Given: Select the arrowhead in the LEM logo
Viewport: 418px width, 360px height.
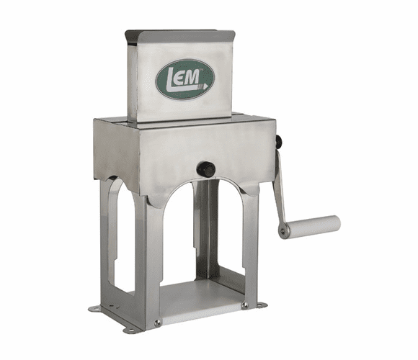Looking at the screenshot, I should (x=206, y=84).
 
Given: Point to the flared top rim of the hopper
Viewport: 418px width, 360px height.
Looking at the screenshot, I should (x=179, y=34).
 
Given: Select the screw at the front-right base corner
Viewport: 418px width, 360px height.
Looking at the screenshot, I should (x=245, y=305).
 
